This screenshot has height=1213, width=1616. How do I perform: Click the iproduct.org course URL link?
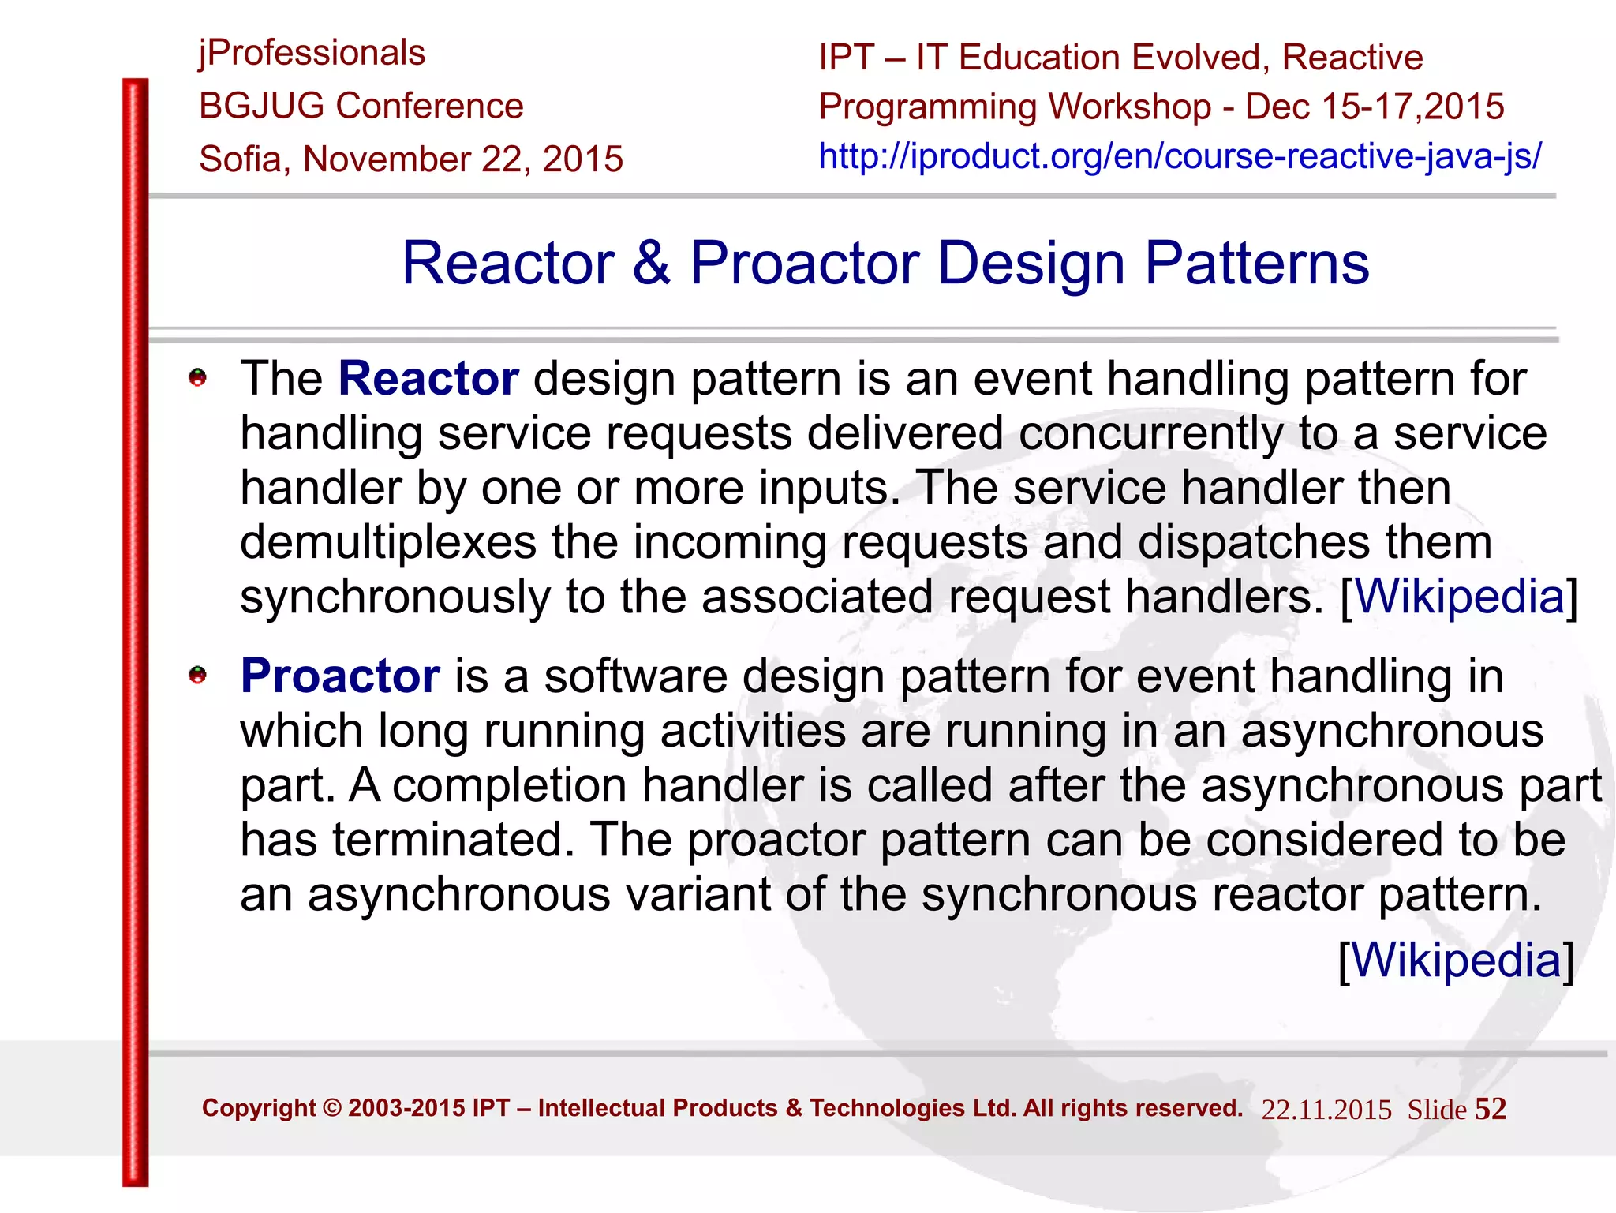pyautogui.click(x=1180, y=156)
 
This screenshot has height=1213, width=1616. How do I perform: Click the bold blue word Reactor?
pyautogui.click(x=428, y=379)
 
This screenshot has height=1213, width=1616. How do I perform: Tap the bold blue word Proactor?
pyautogui.click(x=340, y=676)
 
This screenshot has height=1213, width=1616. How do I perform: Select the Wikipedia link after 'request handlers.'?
pyautogui.click(x=1459, y=596)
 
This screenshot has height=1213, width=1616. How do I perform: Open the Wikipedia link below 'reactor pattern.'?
pyautogui.click(x=1457, y=960)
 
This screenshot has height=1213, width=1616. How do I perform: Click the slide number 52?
pyautogui.click(x=1491, y=1109)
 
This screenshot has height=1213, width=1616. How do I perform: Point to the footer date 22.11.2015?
pyautogui.click(x=1326, y=1110)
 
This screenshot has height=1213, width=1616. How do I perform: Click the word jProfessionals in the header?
pyautogui.click(x=312, y=54)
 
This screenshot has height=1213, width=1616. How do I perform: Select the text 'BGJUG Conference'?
pyautogui.click(x=361, y=106)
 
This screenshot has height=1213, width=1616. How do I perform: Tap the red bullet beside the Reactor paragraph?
pyautogui.click(x=197, y=378)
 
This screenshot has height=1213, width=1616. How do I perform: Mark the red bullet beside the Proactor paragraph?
pyautogui.click(x=197, y=676)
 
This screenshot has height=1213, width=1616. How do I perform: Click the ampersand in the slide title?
pyautogui.click(x=651, y=263)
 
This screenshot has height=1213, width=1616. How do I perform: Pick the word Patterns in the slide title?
pyautogui.click(x=1257, y=263)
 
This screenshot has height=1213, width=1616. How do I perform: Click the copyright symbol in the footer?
pyautogui.click(x=332, y=1108)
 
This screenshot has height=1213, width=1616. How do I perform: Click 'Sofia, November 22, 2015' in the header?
pyautogui.click(x=411, y=159)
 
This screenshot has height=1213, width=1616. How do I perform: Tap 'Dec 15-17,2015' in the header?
pyautogui.click(x=1375, y=107)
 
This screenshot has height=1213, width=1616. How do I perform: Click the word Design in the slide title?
pyautogui.click(x=1031, y=263)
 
